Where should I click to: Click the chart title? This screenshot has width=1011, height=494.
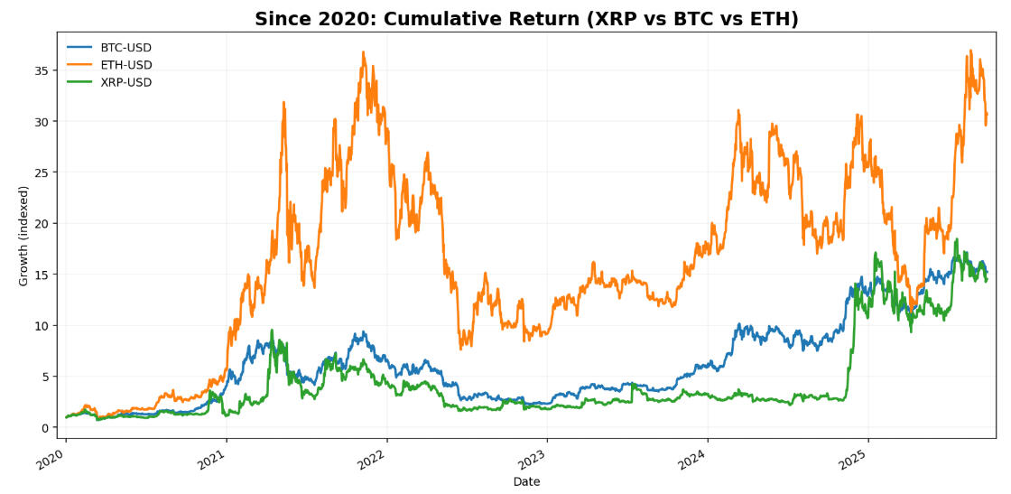(x=526, y=19)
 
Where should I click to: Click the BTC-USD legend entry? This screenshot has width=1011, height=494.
(x=125, y=48)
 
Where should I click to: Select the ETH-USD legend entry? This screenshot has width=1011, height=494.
(x=125, y=65)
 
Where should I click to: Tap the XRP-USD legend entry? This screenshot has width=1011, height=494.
(x=125, y=82)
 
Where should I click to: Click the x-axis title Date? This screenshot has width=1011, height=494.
(x=526, y=482)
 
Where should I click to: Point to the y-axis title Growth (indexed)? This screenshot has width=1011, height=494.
(x=23, y=236)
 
